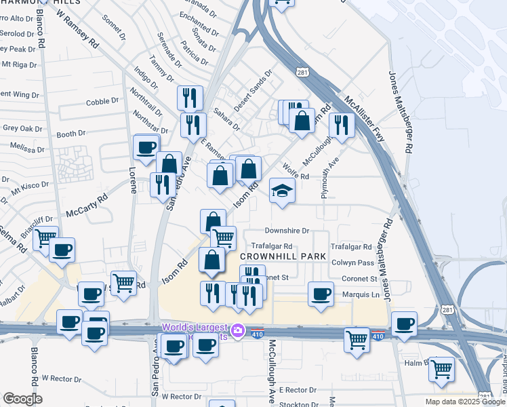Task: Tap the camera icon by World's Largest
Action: point(237,331)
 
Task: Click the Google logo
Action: point(22,399)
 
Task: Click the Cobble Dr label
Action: point(102,102)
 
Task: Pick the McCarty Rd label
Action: point(87,206)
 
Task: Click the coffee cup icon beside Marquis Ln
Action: point(321,294)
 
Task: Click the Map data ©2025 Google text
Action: point(464,402)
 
